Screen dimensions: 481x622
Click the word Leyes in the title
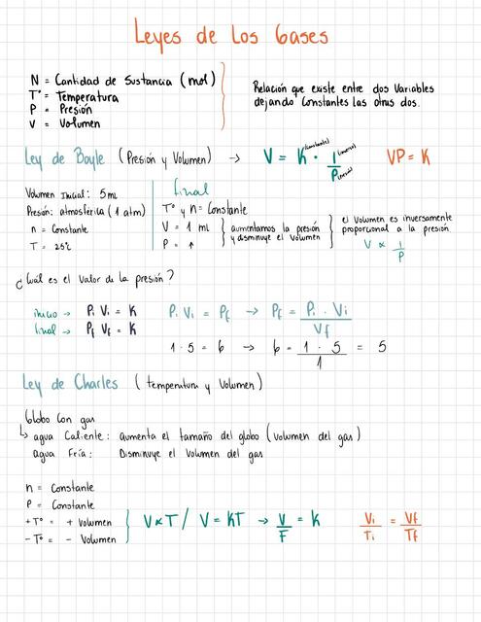(166, 38)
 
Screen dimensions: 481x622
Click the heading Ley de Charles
(70, 384)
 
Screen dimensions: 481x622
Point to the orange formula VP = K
(409, 156)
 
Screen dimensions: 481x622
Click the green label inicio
(46, 314)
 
